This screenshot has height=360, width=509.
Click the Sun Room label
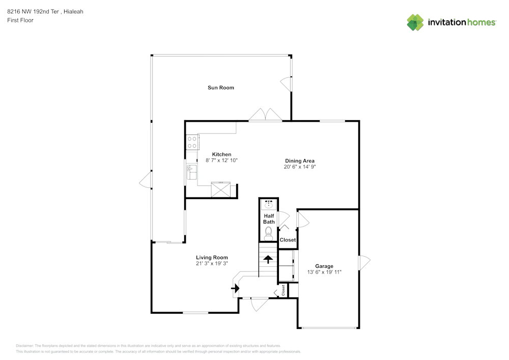[x=220, y=88]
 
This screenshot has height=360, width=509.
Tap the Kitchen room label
[x=221, y=154]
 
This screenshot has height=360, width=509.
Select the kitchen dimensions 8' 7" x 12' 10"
[x=221, y=160]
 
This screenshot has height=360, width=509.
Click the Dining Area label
[x=299, y=161]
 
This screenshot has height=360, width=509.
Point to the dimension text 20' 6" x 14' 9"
[x=300, y=167]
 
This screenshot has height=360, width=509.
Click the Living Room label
[x=212, y=258]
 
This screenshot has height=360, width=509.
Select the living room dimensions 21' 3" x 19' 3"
[x=212, y=264]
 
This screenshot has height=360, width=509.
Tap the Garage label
[x=324, y=266]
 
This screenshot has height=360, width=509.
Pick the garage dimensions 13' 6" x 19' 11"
[x=324, y=272]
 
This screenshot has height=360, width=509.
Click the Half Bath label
[x=269, y=219]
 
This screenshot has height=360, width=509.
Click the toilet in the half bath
[x=269, y=234]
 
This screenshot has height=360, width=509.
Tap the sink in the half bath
[x=269, y=205]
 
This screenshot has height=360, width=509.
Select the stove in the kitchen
[x=192, y=142]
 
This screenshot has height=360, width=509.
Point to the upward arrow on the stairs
[x=268, y=258]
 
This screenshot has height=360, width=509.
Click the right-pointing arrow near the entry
[x=235, y=288]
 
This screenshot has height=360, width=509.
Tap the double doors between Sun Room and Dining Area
[x=265, y=115]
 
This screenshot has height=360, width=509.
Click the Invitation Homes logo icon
[x=415, y=22]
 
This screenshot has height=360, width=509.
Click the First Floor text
[x=20, y=20]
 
